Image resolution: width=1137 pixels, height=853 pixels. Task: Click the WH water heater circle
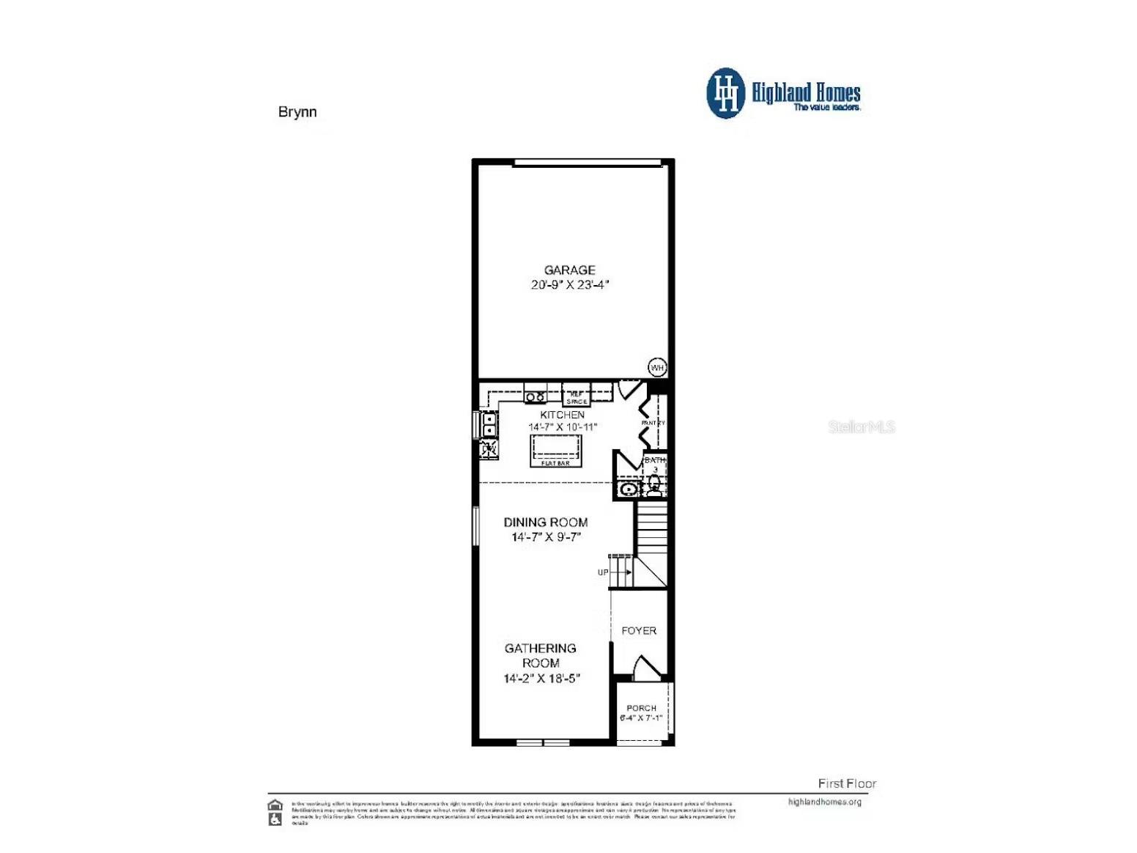[x=657, y=367]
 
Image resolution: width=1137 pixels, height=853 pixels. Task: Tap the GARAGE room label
[x=569, y=270]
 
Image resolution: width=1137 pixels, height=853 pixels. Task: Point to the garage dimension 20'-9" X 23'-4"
[x=569, y=284]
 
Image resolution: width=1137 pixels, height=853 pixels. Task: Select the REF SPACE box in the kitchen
[x=577, y=397]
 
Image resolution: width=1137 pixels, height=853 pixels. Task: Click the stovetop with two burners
[x=535, y=396]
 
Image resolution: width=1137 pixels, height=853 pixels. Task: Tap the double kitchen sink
[x=488, y=424]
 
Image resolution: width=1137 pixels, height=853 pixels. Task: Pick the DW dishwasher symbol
[x=489, y=448]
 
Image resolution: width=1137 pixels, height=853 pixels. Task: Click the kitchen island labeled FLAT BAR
[x=555, y=451]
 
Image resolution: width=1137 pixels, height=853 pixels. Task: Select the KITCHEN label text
[x=562, y=415]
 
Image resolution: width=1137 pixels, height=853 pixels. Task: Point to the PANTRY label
[x=653, y=423]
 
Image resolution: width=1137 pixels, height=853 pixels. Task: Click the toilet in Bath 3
[x=654, y=485]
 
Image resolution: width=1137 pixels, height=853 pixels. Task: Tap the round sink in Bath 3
[x=629, y=489]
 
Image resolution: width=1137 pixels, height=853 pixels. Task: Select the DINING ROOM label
[x=545, y=522]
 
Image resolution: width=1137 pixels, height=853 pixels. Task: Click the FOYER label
[x=639, y=630]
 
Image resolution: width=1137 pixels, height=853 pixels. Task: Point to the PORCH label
[x=641, y=708]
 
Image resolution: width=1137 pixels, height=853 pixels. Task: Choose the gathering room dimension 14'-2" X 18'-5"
[x=541, y=679]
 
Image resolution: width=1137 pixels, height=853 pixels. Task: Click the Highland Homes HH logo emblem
[x=725, y=93]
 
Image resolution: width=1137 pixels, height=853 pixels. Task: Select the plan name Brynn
[x=297, y=112]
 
